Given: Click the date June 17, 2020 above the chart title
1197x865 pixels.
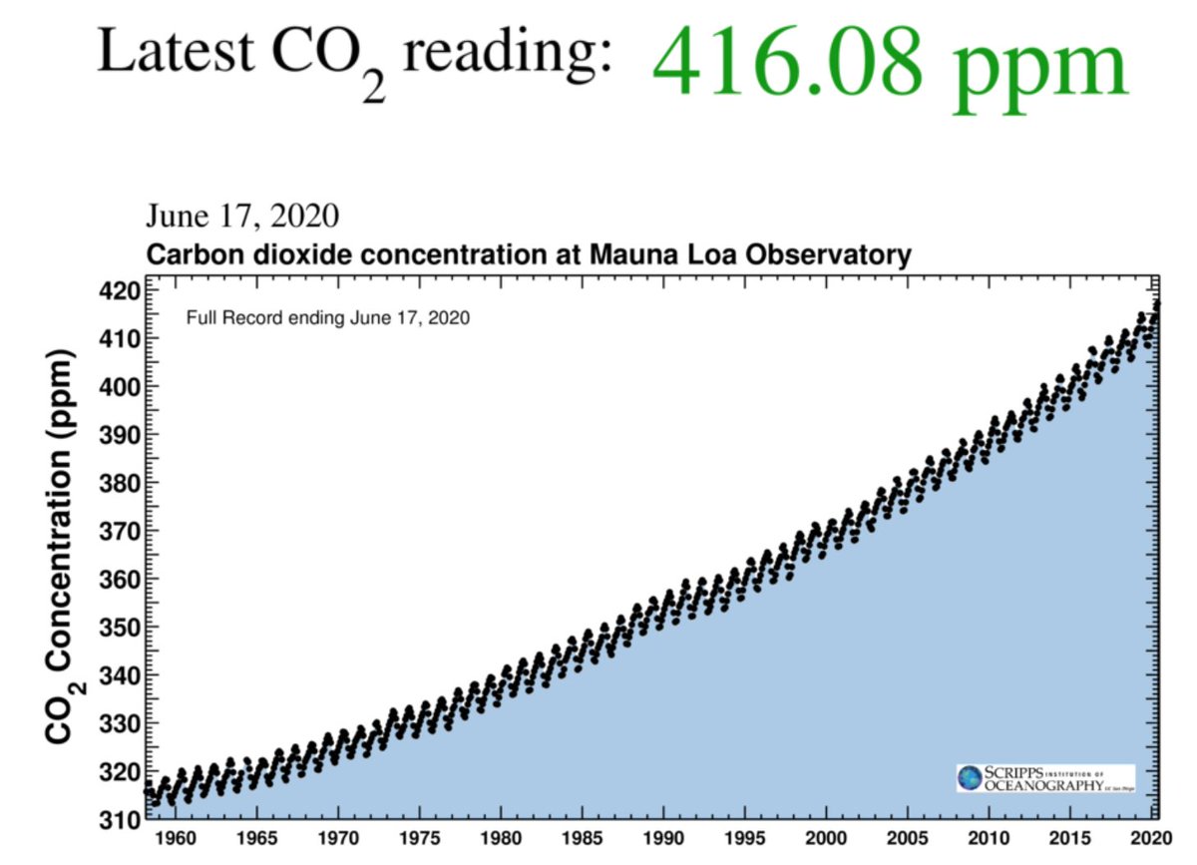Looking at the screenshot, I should pos(242,216).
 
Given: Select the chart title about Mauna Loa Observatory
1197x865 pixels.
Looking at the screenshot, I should pos(529,254).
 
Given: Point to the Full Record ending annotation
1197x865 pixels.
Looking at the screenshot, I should pos(328,319).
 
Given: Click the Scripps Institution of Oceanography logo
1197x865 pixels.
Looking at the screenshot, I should pos(1044,778).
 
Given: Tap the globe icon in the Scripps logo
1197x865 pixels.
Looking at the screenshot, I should pos(970,778).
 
